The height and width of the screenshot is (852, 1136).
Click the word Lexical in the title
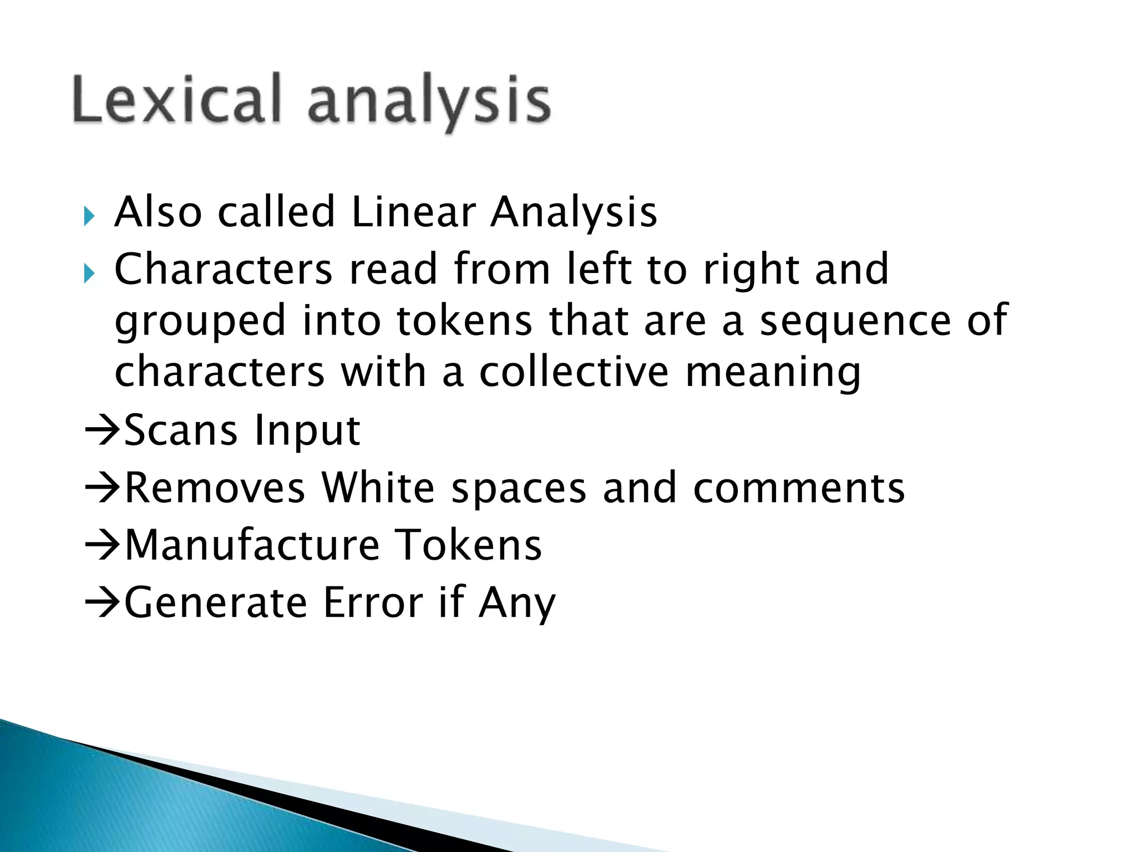click(x=176, y=99)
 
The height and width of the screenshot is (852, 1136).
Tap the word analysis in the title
click(x=429, y=103)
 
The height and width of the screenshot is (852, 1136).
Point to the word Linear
click(x=413, y=212)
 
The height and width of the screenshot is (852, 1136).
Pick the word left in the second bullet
click(x=599, y=269)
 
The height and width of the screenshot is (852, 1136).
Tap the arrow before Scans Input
click(x=102, y=430)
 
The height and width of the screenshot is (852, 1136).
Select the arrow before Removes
click(x=102, y=488)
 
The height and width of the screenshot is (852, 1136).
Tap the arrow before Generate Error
click(x=102, y=603)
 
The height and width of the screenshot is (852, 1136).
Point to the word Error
click(x=373, y=603)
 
